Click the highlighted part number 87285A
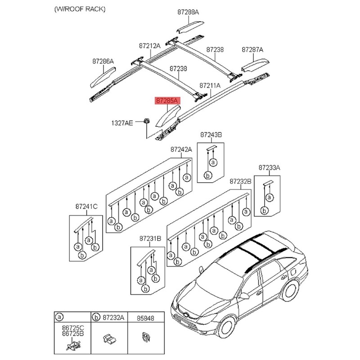pyautogui.click(x=167, y=102)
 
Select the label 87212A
pyautogui.click(x=149, y=45)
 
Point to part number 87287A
pyautogui.click(x=252, y=49)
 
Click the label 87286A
pyautogui.click(x=103, y=61)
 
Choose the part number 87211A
pyautogui.click(x=210, y=85)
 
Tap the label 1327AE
pyautogui.click(x=122, y=122)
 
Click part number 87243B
pyautogui.click(x=211, y=135)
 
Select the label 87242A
pyautogui.click(x=181, y=149)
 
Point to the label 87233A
pyautogui.click(x=269, y=167)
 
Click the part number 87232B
pyautogui.click(x=240, y=181)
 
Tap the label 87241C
pyautogui.click(x=86, y=207)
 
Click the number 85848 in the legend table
pyautogui.click(x=145, y=318)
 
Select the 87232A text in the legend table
pyautogui.click(x=114, y=318)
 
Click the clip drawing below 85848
pyautogui.click(x=146, y=337)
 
